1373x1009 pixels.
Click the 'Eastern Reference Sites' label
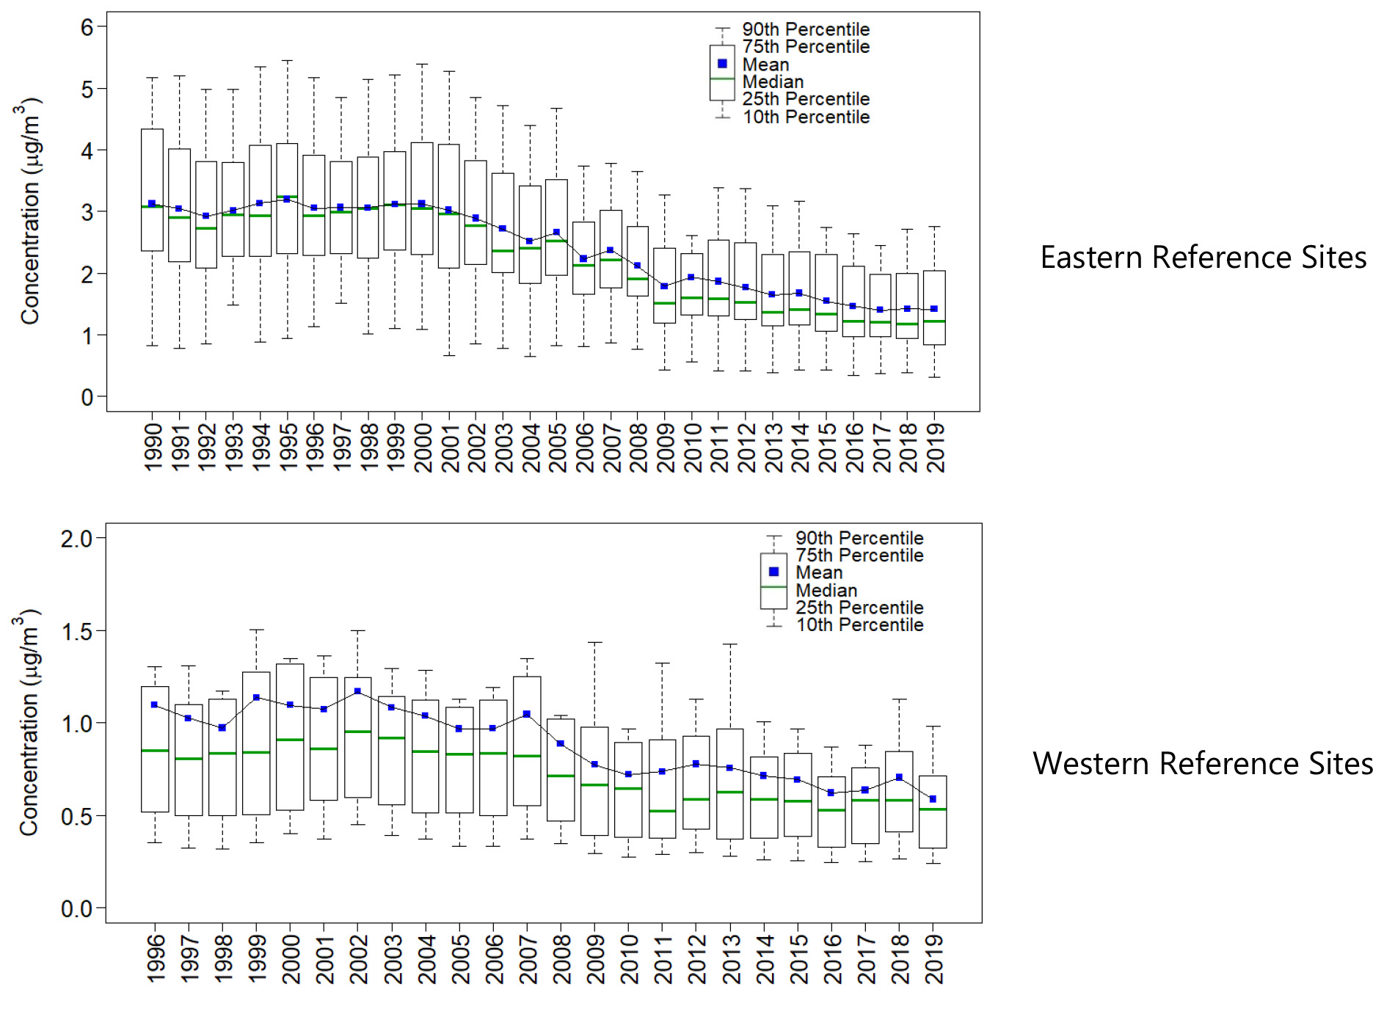[1203, 258]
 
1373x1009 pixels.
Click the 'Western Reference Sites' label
[1202, 764]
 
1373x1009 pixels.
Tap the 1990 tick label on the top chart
[153, 447]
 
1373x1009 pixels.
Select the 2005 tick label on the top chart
[557, 447]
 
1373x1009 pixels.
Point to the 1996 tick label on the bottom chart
[155, 958]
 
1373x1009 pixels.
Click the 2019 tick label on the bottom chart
[933, 958]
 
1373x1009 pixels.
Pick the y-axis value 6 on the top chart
[87, 27]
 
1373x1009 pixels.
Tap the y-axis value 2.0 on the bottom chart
[76, 539]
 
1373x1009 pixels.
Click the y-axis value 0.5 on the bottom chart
[76, 816]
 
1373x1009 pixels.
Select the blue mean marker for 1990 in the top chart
[152, 203]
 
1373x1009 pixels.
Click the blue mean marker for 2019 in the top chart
[934, 309]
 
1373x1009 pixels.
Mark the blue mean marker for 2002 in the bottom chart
[357, 691]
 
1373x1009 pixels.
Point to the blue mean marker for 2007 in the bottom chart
[527, 714]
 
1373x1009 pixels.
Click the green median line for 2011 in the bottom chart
[662, 811]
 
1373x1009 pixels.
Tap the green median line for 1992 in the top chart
[206, 228]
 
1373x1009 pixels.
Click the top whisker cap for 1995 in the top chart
[287, 61]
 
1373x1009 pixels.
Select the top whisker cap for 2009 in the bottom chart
[594, 643]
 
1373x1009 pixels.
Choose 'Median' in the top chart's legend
[773, 81]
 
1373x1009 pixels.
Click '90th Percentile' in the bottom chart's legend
[859, 538]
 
